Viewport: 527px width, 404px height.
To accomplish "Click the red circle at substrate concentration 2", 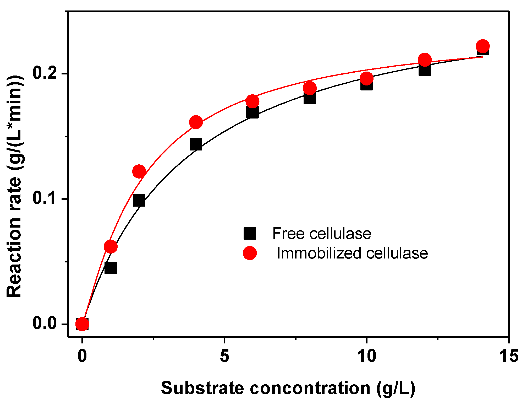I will [139, 171].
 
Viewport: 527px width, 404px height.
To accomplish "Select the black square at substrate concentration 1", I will [111, 268].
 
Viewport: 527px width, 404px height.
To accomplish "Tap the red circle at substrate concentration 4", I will [196, 122].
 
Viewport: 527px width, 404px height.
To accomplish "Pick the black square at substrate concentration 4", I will [196, 144].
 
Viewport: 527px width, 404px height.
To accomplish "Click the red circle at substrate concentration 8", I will [310, 88].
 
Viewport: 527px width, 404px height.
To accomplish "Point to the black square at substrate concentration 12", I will [424, 70].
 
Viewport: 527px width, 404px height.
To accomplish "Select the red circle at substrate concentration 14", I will [483, 46].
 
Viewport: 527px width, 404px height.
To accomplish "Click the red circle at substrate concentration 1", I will [111, 246].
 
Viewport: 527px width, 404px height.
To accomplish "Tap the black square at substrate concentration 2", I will [139, 201].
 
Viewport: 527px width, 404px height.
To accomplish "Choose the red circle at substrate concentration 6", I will [252, 101].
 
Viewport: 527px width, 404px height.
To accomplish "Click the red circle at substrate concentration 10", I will [366, 78].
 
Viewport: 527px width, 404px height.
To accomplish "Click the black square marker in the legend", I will [250, 233].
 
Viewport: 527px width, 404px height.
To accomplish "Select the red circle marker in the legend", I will [250, 253].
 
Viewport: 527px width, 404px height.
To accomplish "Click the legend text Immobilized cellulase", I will [352, 253].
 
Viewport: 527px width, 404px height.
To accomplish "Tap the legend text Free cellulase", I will [322, 233].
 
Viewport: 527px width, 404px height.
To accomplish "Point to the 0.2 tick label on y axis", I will [45, 73].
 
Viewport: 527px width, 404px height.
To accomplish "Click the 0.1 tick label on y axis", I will [45, 198].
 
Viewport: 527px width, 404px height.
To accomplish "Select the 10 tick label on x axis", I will [366, 356].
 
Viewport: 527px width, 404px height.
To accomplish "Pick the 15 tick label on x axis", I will [508, 356].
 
